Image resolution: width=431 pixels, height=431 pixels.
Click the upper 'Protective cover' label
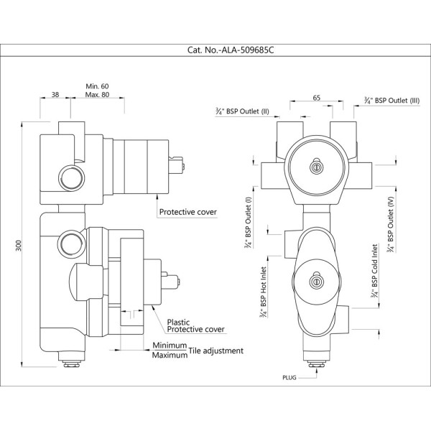point(187,212)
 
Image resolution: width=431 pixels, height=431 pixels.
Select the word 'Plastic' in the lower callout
point(179,323)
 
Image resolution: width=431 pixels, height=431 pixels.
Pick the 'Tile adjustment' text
point(217,351)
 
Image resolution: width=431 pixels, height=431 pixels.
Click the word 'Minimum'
point(170,346)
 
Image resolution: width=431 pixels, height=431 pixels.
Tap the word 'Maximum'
point(170,356)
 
